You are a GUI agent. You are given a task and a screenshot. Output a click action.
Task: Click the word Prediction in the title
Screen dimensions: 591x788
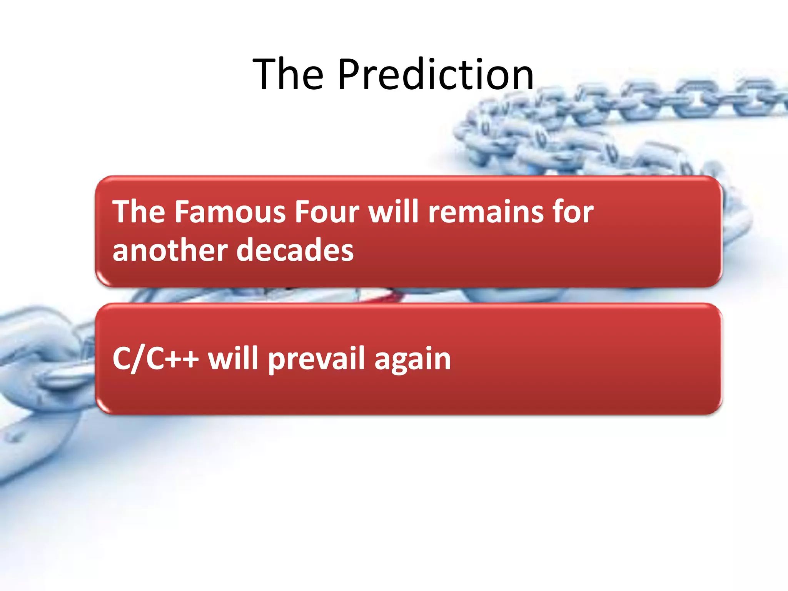coord(436,74)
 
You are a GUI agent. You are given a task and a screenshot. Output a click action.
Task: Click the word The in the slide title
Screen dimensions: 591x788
coord(288,74)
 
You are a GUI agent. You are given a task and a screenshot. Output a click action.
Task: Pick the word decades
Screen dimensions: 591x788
coord(295,250)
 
